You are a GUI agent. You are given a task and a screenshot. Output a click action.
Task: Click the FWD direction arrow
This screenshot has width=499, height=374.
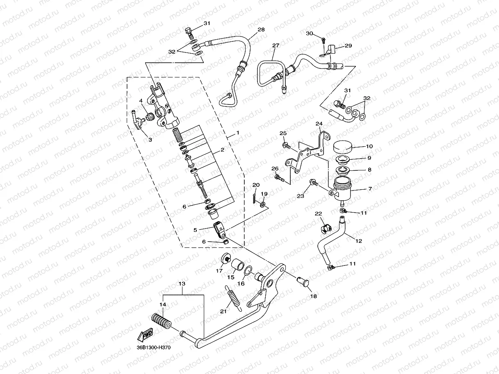[x=146, y=335]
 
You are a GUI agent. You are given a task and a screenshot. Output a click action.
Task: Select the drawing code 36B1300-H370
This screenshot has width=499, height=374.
[x=153, y=348]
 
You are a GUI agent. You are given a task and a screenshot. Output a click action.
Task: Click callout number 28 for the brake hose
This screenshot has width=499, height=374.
[x=261, y=30]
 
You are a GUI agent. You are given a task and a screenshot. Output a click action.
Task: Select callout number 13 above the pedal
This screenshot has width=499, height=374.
[x=182, y=284]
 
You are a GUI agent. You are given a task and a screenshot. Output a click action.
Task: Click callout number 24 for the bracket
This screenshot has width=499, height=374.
[x=319, y=124]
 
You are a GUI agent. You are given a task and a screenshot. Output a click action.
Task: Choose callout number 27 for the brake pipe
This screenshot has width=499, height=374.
[x=275, y=46]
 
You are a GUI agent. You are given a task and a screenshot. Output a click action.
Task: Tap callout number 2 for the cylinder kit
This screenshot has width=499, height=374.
[x=222, y=150]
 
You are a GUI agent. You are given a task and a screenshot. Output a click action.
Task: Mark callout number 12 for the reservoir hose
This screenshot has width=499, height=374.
[x=359, y=241]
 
